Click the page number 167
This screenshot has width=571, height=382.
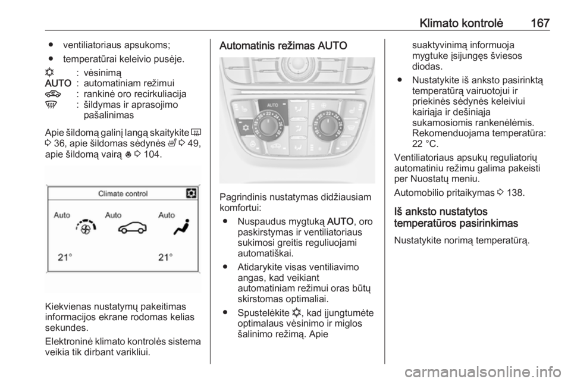(x=540, y=23)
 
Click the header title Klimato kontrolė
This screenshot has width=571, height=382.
(x=462, y=23)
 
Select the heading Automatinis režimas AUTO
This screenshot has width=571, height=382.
(x=283, y=46)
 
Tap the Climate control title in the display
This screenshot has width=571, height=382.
(x=123, y=194)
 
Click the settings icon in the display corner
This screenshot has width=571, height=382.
(x=191, y=193)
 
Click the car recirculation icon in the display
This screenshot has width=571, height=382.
(x=133, y=227)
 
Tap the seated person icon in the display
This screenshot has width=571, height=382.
(x=182, y=227)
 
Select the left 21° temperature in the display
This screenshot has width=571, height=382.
(x=65, y=258)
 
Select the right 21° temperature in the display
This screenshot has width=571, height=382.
(x=165, y=258)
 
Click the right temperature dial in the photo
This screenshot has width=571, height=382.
(x=327, y=125)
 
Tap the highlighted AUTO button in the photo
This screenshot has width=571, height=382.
(x=273, y=105)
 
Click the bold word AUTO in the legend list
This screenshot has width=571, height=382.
(x=58, y=83)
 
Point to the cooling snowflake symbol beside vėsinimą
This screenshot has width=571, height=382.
(x=49, y=73)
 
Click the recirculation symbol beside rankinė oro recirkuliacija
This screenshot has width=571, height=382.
(x=52, y=94)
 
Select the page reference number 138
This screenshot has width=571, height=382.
(x=515, y=193)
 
